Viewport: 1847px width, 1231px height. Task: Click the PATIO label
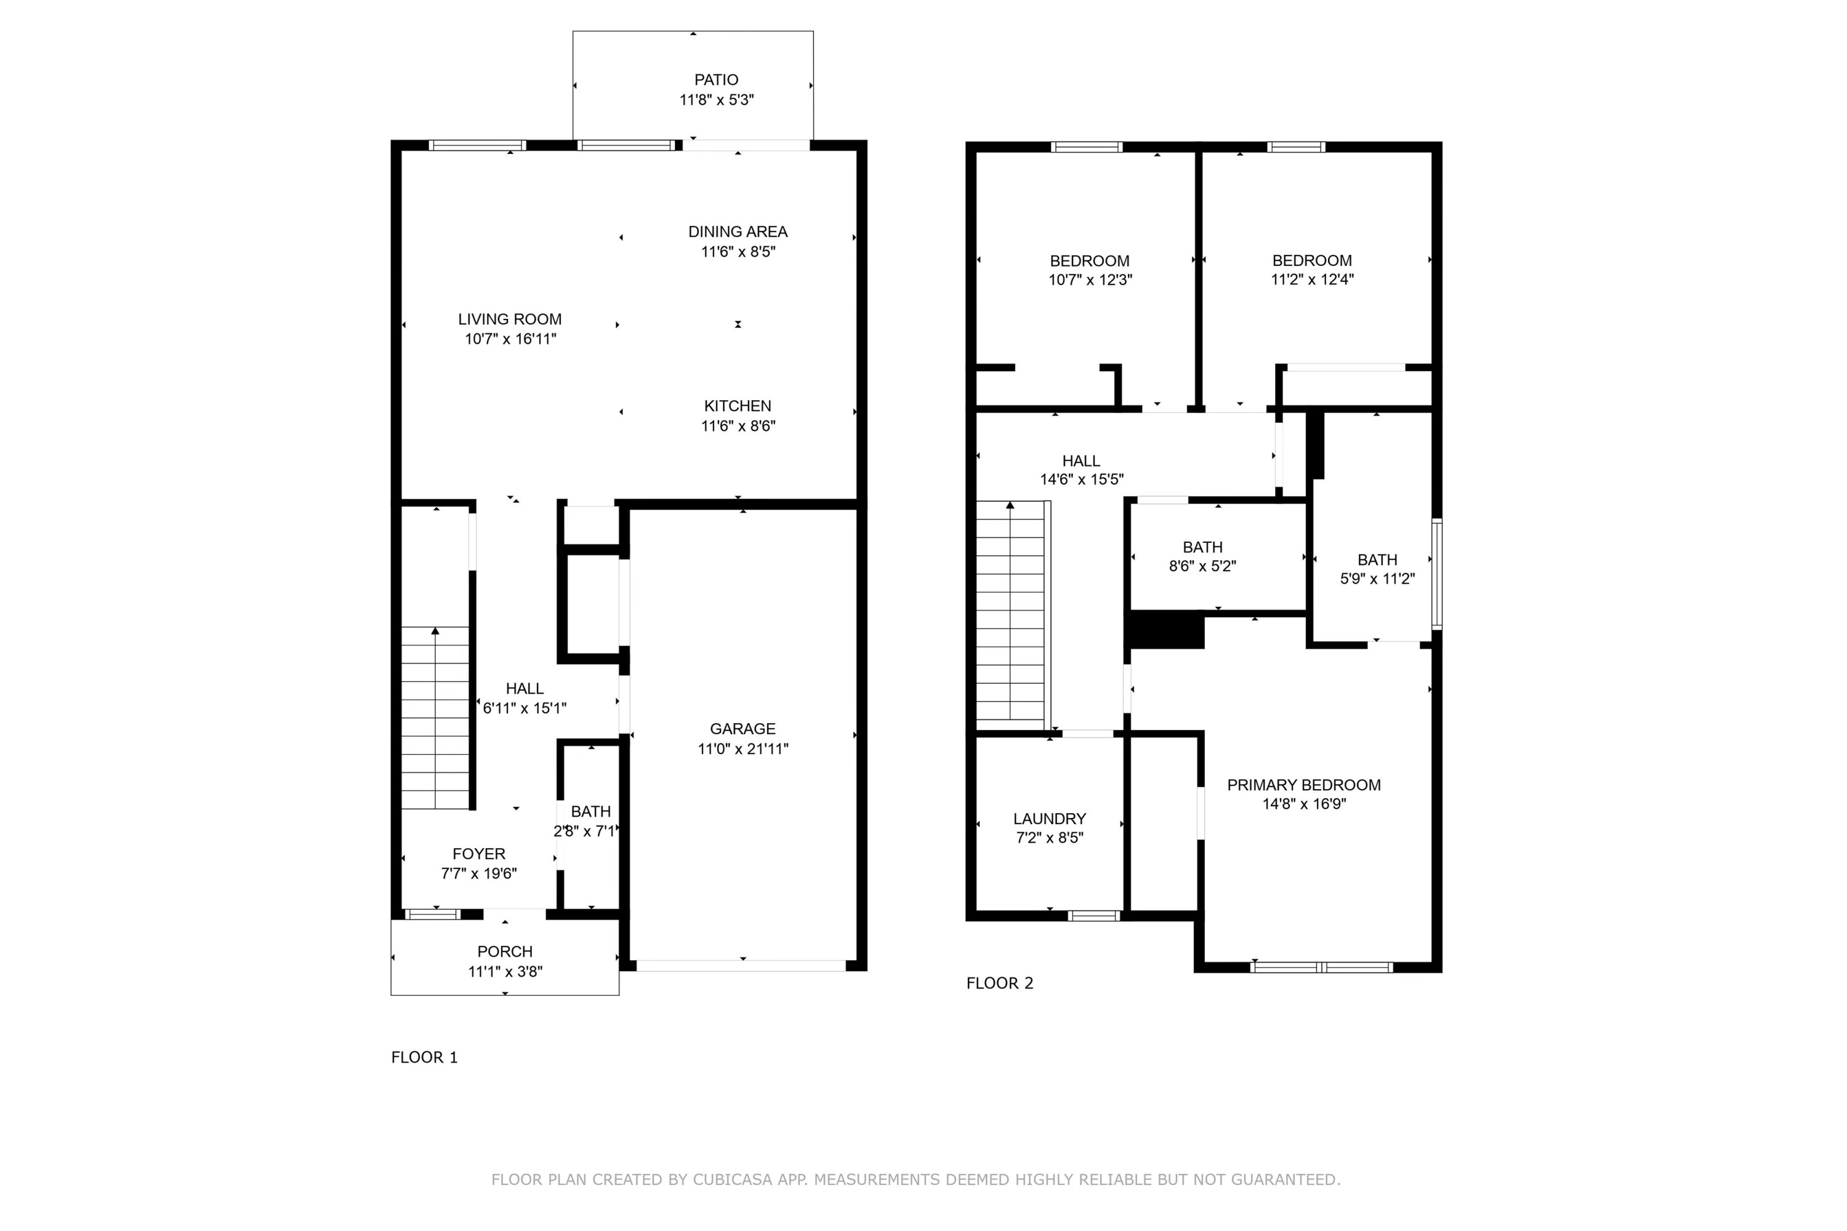pyautogui.click(x=715, y=79)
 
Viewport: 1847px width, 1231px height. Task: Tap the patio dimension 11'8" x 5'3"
pyautogui.click(x=715, y=100)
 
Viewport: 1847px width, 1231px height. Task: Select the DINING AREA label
pyautogui.click(x=738, y=231)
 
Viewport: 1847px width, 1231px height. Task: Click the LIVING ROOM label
pyautogui.click(x=510, y=319)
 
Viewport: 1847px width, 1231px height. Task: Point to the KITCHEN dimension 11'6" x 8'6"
pyautogui.click(x=738, y=425)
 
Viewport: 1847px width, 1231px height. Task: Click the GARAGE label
pyautogui.click(x=742, y=729)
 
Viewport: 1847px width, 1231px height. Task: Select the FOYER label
pyautogui.click(x=478, y=853)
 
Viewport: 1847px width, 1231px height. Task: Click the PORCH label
pyautogui.click(x=504, y=951)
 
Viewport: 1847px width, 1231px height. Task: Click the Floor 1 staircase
pyautogui.click(x=435, y=718)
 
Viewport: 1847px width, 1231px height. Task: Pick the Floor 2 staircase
pyautogui.click(x=1011, y=612)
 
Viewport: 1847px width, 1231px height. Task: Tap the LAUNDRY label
pyautogui.click(x=1049, y=818)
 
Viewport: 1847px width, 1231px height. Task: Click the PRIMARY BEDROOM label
pyautogui.click(x=1303, y=784)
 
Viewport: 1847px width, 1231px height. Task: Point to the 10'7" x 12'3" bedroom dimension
pyautogui.click(x=1089, y=279)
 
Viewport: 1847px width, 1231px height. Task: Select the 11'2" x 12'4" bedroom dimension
pyautogui.click(x=1311, y=279)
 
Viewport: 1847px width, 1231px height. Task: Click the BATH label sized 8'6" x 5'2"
pyautogui.click(x=1202, y=547)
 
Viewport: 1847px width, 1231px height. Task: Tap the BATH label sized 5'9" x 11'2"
pyautogui.click(x=1377, y=559)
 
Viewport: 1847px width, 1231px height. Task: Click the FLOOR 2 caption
pyautogui.click(x=999, y=983)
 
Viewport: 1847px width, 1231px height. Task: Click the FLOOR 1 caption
pyautogui.click(x=424, y=1057)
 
